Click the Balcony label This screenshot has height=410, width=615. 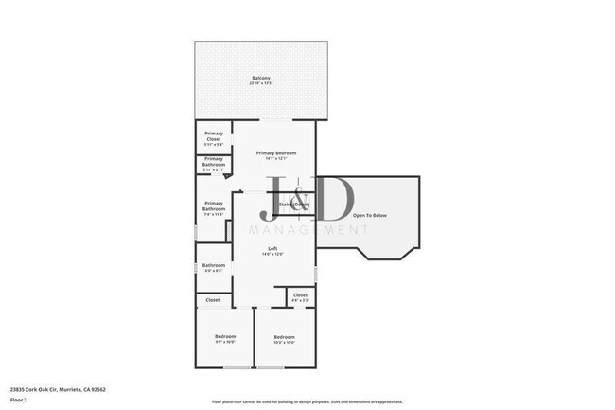point(260,78)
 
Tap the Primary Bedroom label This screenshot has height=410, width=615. point(278,153)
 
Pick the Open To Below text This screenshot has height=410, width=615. point(370,216)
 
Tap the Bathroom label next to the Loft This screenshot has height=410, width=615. point(214,265)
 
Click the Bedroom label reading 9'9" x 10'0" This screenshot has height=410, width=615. point(224,337)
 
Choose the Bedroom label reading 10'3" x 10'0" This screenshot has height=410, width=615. point(285,337)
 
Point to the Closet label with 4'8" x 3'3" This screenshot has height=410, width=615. point(300,295)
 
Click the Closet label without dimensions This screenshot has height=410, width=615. point(213,300)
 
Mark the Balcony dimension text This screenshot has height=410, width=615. point(260,83)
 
